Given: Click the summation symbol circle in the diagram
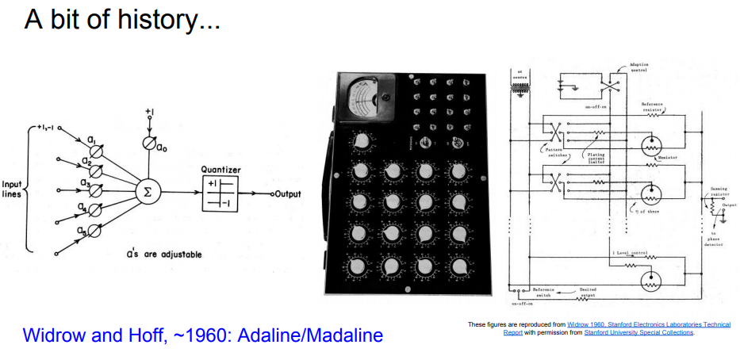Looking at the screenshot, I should [x=146, y=191].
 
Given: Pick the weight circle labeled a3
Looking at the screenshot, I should [x=94, y=190].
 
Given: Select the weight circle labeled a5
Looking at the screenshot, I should [x=94, y=232].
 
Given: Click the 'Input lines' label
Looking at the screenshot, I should [x=14, y=190].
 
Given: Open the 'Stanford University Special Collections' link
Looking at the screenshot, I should [x=638, y=332].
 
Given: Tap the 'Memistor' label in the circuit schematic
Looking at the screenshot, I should [x=669, y=158].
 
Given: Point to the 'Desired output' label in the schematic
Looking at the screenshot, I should [x=588, y=293].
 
